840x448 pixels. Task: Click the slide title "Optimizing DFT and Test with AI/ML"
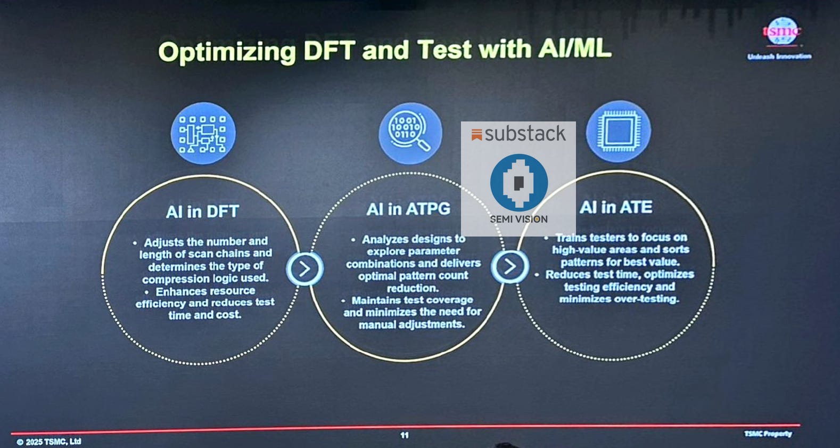click(x=384, y=51)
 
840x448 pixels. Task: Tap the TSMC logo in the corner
click(x=781, y=31)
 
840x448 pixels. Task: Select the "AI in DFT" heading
click(x=202, y=211)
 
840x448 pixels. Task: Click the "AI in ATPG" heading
click(x=408, y=209)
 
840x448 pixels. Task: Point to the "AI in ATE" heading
click(x=616, y=207)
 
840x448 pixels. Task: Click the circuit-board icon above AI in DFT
click(x=203, y=133)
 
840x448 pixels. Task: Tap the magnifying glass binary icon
click(x=410, y=133)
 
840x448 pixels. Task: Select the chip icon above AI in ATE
click(x=618, y=131)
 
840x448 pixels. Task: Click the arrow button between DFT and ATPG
click(x=304, y=269)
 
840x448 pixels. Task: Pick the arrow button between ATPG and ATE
click(x=509, y=266)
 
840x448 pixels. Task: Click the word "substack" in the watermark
click(x=525, y=134)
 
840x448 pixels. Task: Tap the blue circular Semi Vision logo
click(x=519, y=182)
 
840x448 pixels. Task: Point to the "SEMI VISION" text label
click(x=518, y=219)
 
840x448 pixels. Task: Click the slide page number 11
click(x=405, y=435)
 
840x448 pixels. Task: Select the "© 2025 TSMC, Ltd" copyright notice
click(x=49, y=442)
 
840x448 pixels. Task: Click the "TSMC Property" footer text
click(x=768, y=434)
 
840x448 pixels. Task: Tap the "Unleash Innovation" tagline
click(x=779, y=56)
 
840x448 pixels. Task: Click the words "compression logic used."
click(x=205, y=279)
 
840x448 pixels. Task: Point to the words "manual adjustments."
click(x=411, y=324)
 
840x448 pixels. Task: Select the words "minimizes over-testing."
click(x=619, y=299)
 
